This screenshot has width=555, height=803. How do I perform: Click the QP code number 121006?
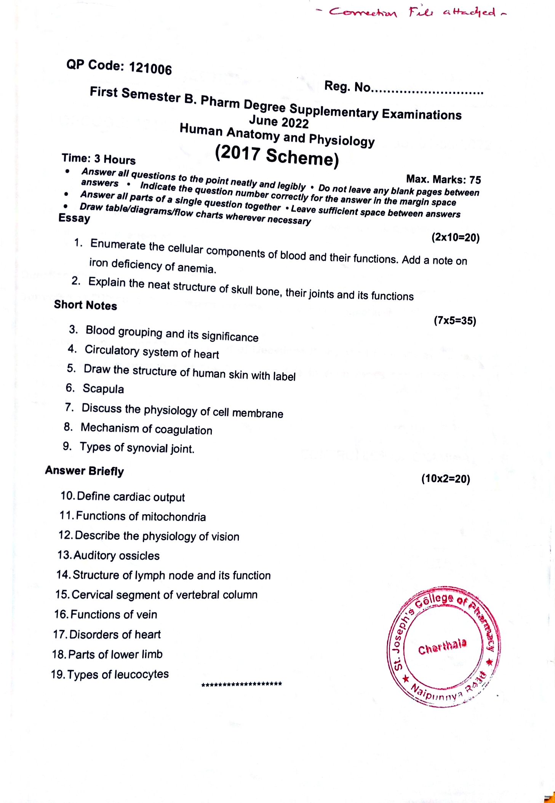point(150,69)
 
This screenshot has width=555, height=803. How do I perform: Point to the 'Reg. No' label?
point(347,87)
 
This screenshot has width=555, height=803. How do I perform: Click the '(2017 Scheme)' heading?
point(277,156)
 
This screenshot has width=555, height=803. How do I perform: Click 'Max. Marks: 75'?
point(443,179)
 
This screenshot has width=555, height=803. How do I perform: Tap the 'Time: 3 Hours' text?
point(99,159)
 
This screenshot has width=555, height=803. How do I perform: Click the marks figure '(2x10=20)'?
point(455,238)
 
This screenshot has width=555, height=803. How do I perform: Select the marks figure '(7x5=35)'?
point(455,321)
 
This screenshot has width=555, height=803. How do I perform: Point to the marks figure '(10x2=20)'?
point(446,479)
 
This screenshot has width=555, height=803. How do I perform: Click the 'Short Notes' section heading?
point(85,305)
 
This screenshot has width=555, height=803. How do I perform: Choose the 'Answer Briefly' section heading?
point(85,471)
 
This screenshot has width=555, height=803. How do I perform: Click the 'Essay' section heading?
point(74,218)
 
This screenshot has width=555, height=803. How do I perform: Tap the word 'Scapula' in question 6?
point(103,389)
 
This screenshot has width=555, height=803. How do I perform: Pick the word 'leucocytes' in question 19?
point(141,674)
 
